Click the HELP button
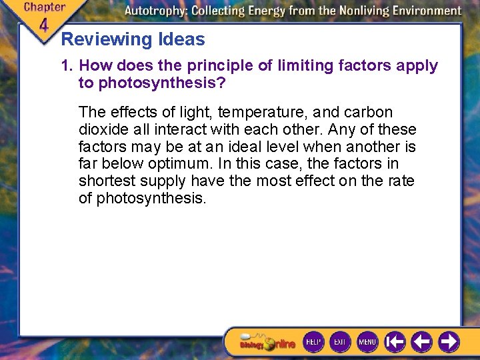tap(313, 342)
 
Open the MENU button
tap(367, 342)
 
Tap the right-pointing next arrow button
tap(449, 342)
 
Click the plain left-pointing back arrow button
tap(421, 342)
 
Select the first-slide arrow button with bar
tap(395, 342)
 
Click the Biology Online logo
tap(267, 343)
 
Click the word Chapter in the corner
tap(45, 7)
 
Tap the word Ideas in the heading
tap(181, 40)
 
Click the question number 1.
tap(66, 66)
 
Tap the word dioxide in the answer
tap(103, 129)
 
